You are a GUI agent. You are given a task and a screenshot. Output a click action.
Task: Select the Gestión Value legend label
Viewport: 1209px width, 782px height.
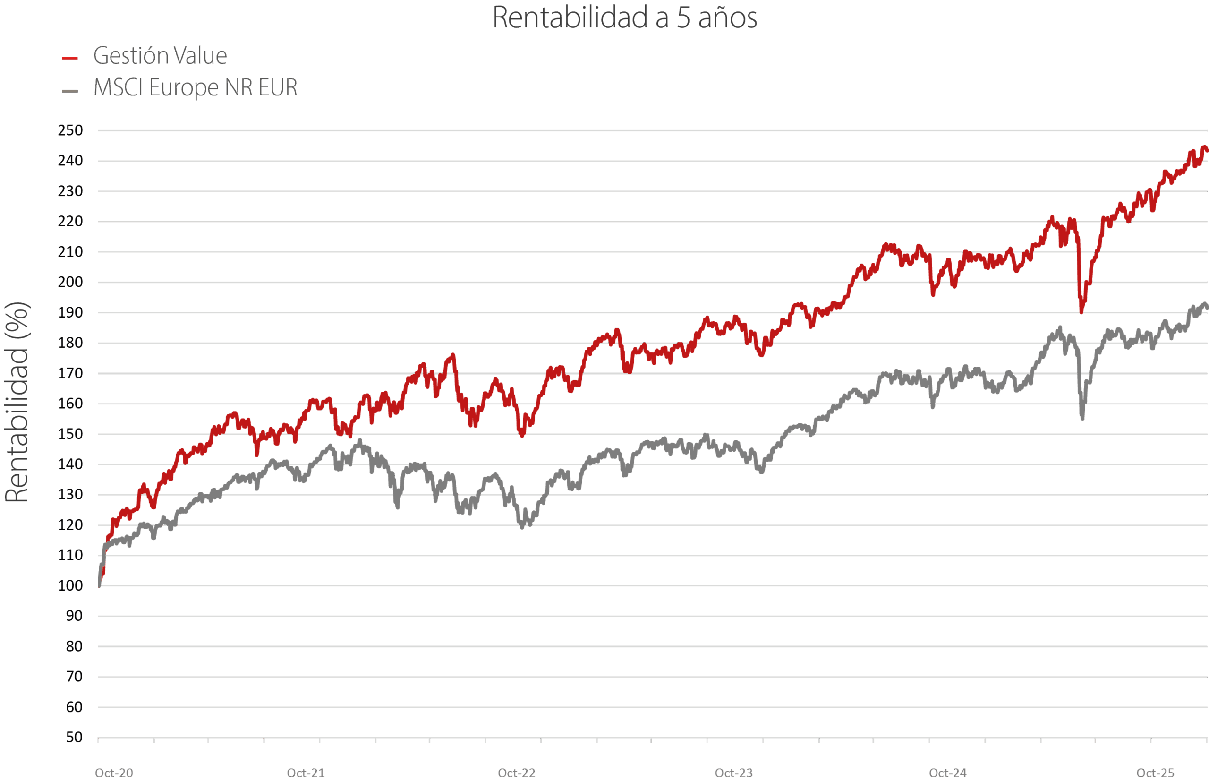(160, 55)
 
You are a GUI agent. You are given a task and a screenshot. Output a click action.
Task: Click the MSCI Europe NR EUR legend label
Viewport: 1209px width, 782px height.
(196, 87)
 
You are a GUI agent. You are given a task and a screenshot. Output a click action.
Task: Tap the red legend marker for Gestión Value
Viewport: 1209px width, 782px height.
(69, 59)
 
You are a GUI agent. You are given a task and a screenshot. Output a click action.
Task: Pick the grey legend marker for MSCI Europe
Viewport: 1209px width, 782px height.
(69, 91)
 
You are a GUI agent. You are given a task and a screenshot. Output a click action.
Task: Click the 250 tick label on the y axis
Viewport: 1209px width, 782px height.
(70, 130)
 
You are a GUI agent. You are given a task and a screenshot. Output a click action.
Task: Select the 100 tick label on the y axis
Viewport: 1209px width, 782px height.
(70, 585)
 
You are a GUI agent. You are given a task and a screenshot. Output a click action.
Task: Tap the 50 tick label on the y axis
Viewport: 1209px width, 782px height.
(74, 737)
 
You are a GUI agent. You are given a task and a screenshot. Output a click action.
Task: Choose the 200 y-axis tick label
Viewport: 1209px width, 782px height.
(70, 282)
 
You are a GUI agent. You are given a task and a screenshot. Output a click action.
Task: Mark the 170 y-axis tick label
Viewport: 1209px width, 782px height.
(70, 373)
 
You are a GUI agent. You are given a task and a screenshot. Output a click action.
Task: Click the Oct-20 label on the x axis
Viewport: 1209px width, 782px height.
(114, 773)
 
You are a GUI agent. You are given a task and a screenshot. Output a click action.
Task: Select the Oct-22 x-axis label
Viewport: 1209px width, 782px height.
(516, 773)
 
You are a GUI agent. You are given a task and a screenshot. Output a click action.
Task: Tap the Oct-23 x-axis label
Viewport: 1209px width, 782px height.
(733, 773)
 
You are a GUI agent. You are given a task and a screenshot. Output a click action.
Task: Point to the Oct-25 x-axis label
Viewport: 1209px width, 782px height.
(1155, 773)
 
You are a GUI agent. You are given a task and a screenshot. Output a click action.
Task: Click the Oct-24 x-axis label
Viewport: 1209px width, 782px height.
(948, 773)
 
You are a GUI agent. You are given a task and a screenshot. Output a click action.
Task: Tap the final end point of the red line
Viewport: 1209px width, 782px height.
(1207, 150)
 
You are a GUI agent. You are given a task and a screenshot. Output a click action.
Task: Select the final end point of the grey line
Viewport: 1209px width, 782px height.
(1207, 308)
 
